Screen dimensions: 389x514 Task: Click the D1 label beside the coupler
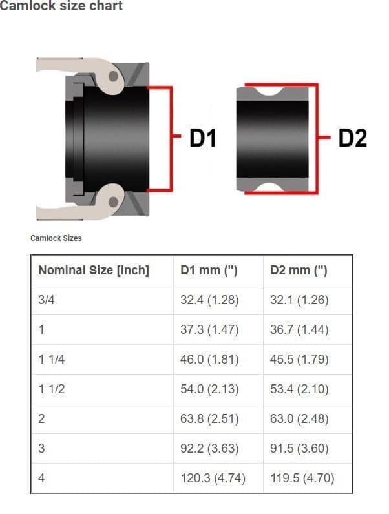coord(203,138)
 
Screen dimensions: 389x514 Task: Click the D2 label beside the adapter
coord(353,138)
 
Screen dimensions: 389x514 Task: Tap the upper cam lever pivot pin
coord(113,76)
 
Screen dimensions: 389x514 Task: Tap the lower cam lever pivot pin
coord(113,201)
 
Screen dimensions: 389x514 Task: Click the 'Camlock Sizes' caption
coord(56,238)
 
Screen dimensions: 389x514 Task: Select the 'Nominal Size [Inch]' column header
coord(94,271)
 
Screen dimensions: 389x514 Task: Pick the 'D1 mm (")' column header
coord(209,271)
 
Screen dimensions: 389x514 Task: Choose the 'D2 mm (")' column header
coord(299,271)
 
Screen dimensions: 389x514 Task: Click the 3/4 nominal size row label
coord(47,300)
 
